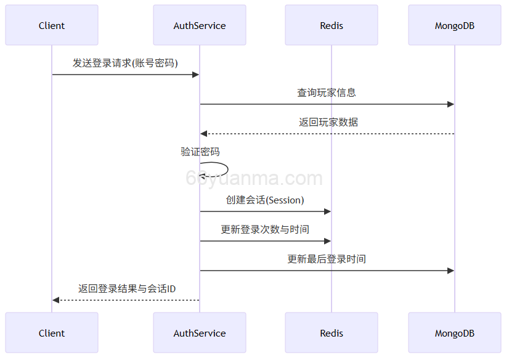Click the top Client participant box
pos(52,25)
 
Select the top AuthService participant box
pos(200,25)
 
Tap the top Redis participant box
pos(332,25)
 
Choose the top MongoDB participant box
pos(455,25)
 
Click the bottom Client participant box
pos(52,333)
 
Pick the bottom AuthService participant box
pos(200,333)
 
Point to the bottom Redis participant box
pos(332,333)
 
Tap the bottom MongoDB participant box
pos(455,333)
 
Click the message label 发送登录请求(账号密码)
pos(125,63)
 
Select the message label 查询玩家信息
pos(327,92)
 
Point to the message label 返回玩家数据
pos(328,122)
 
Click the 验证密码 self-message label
pos(200,152)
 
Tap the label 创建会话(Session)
pos(265,200)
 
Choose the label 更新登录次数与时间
pos(265,229)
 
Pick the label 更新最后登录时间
pos(327,259)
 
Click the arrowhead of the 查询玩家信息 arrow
pos(450,104)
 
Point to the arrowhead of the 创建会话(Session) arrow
pos(327,211)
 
